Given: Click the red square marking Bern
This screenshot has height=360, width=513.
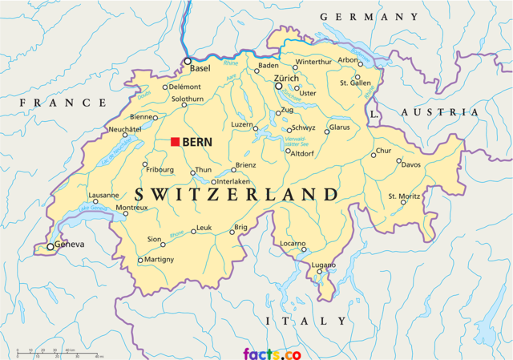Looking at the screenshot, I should pos(175,142).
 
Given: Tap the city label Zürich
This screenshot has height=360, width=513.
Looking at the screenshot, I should pos(286,78).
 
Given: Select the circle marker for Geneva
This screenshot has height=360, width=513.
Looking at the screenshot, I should pos(50,246).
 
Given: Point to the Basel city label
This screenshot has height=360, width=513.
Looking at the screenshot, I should pos(200,69).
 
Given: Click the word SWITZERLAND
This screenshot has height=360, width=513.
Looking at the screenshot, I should pos(236,195).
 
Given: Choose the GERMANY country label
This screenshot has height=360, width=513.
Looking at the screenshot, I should pos(369,17).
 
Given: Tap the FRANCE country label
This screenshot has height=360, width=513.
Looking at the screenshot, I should pos(63,103).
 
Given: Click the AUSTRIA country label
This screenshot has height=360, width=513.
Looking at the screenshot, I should pos(438,112).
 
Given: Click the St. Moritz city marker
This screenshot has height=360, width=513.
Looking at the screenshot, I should pos(403,202).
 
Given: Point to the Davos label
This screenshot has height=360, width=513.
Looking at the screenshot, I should pos(410,164).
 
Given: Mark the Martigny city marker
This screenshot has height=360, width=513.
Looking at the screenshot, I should pos(140,260).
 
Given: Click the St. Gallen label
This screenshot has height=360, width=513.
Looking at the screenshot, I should pos(355,82).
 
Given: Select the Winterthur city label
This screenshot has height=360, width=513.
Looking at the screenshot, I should pos(313,62).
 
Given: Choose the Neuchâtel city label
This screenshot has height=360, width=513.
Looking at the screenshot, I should pos(124,128).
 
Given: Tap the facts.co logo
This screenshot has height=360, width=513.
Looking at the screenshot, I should pos(272,353).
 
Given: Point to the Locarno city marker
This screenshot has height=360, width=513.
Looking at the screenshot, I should pos(304,249).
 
